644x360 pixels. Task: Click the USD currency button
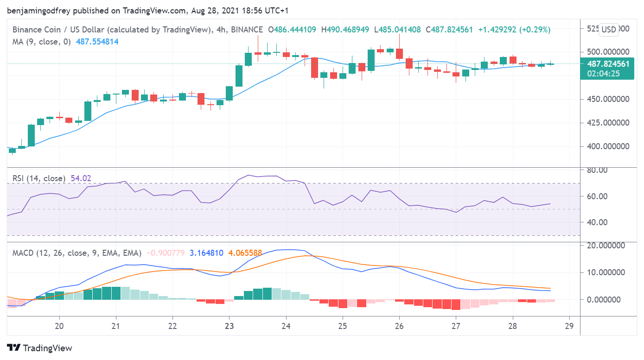[609, 30]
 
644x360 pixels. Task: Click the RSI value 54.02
[81, 178]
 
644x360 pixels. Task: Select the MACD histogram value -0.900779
[166, 253]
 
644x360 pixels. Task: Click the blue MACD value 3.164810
[206, 253]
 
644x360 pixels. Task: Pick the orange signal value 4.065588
[245, 253]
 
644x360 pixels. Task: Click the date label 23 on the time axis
[229, 325]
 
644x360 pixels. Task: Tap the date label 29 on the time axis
[570, 325]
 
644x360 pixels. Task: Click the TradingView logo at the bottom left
[39, 348]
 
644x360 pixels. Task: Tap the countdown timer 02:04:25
[603, 73]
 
